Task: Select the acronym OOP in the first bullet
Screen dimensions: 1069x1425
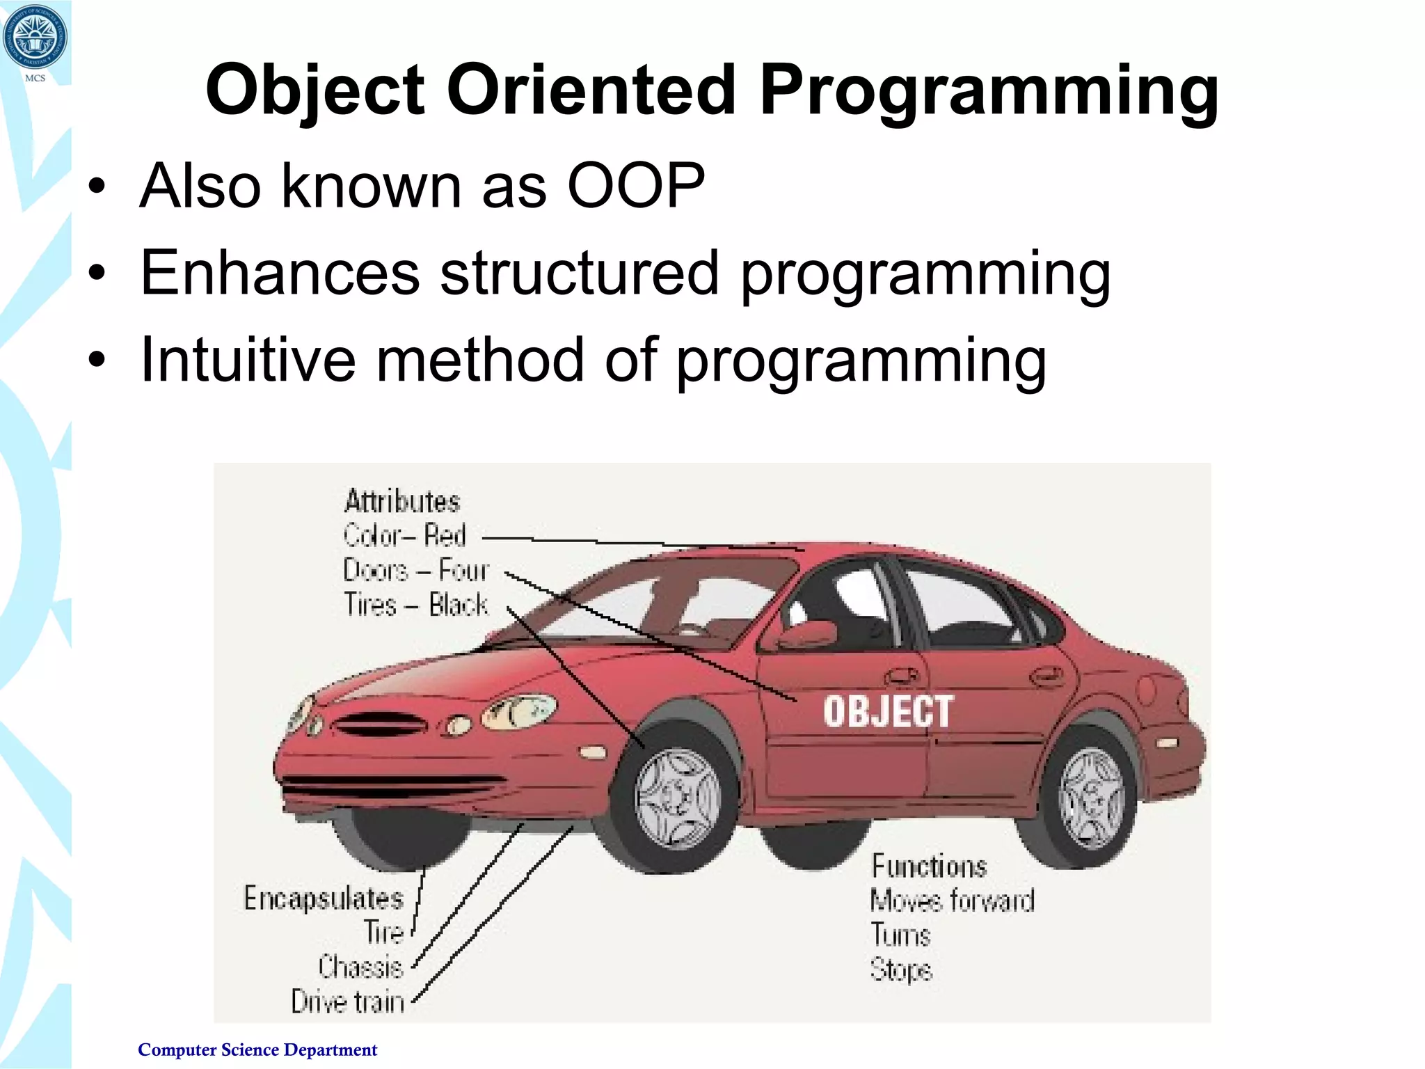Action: pyautogui.click(x=636, y=186)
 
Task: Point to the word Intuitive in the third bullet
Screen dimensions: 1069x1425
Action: pyautogui.click(x=248, y=360)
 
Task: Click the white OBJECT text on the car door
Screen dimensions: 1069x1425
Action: pyautogui.click(x=888, y=711)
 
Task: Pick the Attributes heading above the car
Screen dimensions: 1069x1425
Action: pyautogui.click(x=402, y=501)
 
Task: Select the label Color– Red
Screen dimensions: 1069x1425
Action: pyautogui.click(x=404, y=535)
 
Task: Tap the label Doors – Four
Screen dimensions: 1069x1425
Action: pyautogui.click(x=416, y=570)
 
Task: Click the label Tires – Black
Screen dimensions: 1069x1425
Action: pyautogui.click(x=415, y=604)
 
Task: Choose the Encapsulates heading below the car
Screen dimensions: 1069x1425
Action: pyautogui.click(x=324, y=898)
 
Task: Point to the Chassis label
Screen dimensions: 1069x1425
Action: pyautogui.click(x=360, y=967)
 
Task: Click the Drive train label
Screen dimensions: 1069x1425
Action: pyautogui.click(x=347, y=1001)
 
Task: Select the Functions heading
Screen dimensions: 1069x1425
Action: pyautogui.click(x=929, y=866)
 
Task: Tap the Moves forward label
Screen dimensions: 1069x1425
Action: pyautogui.click(x=952, y=901)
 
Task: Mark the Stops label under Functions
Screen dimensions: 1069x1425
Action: pyautogui.click(x=900, y=969)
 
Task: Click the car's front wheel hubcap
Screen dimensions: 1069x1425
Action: pyautogui.click(x=677, y=798)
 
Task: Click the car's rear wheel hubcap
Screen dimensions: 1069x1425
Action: pyautogui.click(x=1091, y=798)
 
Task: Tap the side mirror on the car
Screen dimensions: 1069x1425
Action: pyautogui.click(x=807, y=633)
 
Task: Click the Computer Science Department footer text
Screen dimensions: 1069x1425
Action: pyautogui.click(x=257, y=1050)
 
